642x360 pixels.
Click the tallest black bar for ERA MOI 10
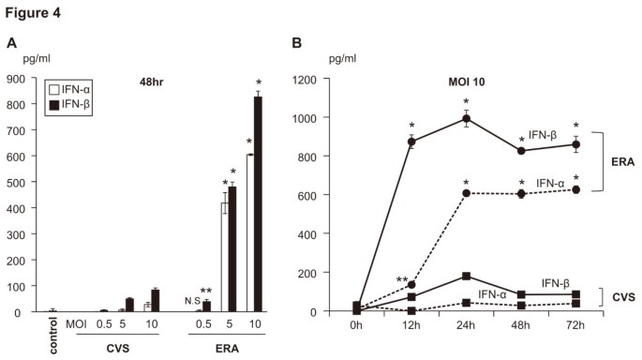(258, 202)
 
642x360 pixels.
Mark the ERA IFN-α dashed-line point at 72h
(575, 189)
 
